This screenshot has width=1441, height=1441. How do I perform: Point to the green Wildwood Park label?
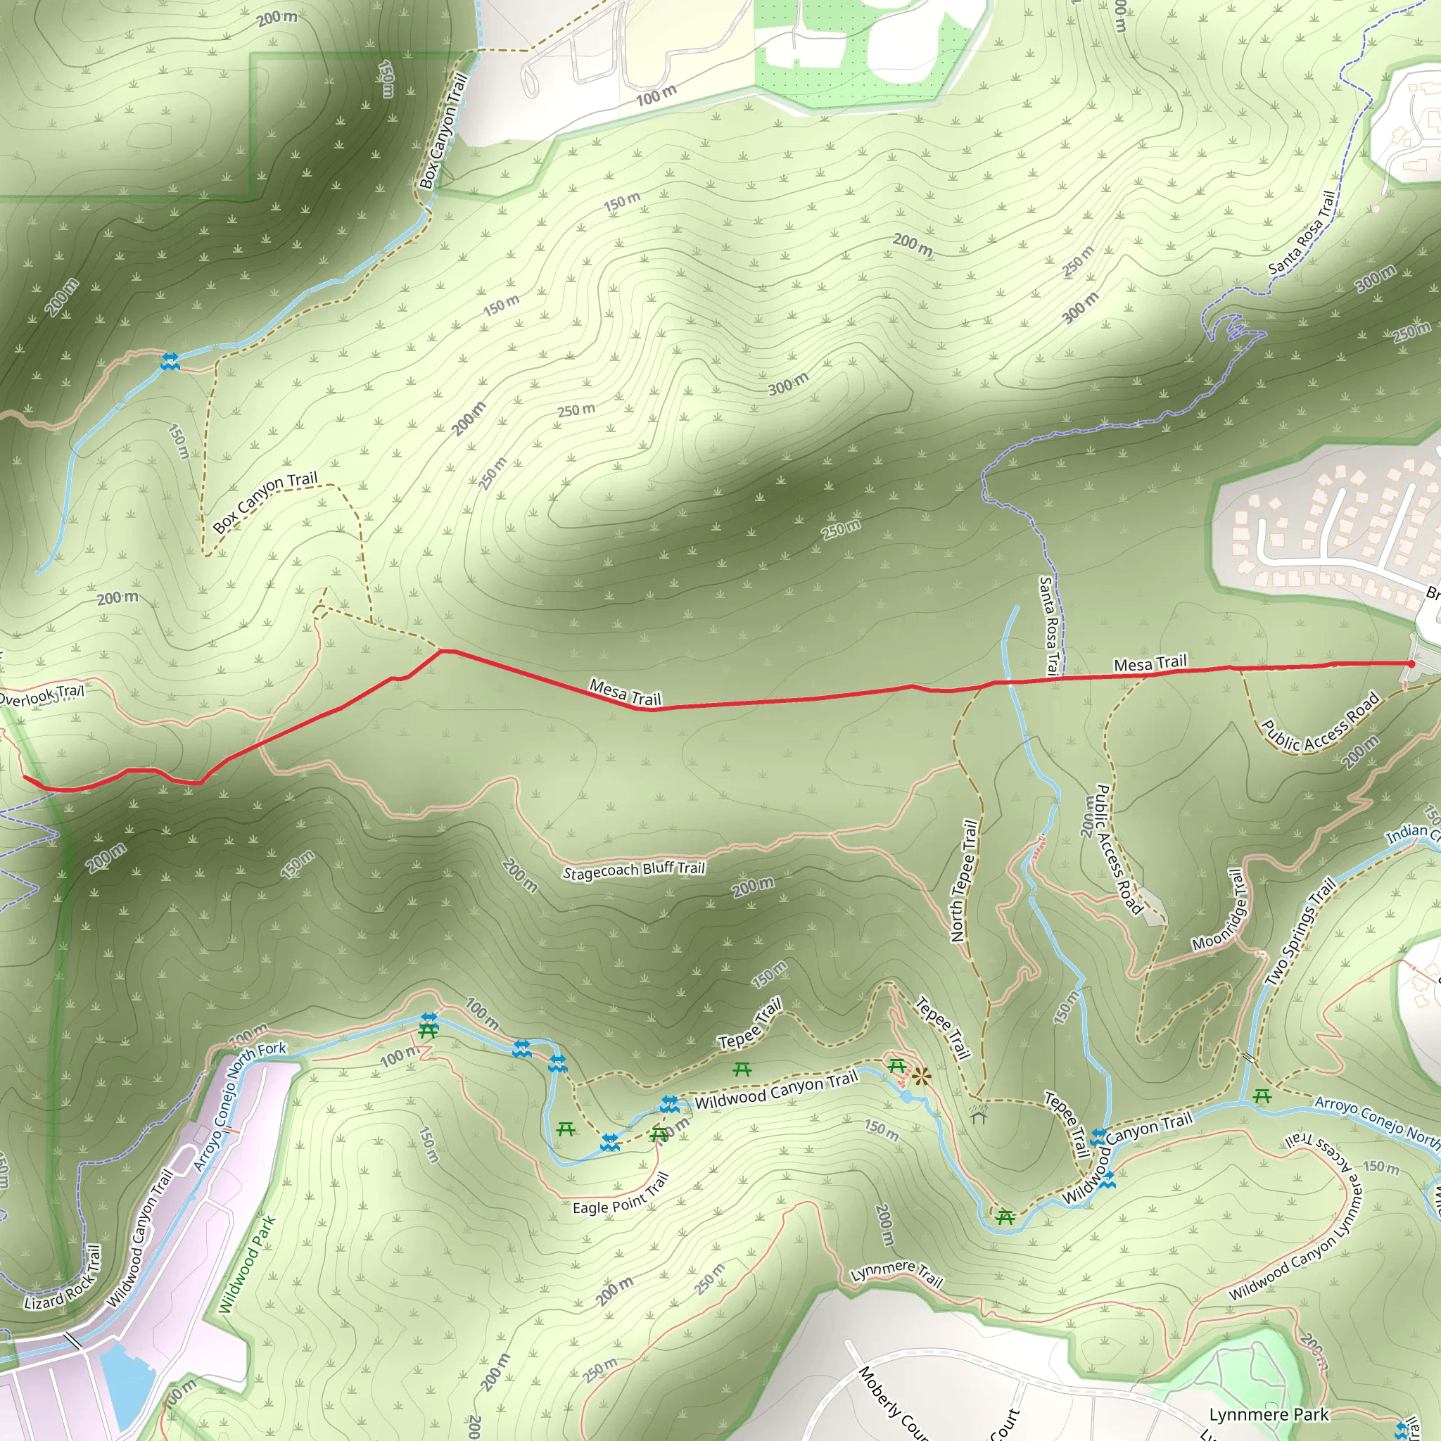coord(247,1265)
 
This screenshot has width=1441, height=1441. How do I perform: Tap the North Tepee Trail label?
coord(964,880)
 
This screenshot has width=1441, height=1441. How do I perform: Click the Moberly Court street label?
coord(891,1402)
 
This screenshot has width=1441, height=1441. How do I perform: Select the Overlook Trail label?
coord(41,695)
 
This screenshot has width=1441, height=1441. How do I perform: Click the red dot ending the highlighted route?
coord(1411,664)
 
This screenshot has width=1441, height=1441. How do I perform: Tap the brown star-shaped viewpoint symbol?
coord(922,1077)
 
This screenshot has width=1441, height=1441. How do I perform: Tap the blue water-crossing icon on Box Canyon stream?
coord(170,362)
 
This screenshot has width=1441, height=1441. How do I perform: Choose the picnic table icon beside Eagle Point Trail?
coord(659,1134)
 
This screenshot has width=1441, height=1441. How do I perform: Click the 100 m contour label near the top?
coord(656,96)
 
